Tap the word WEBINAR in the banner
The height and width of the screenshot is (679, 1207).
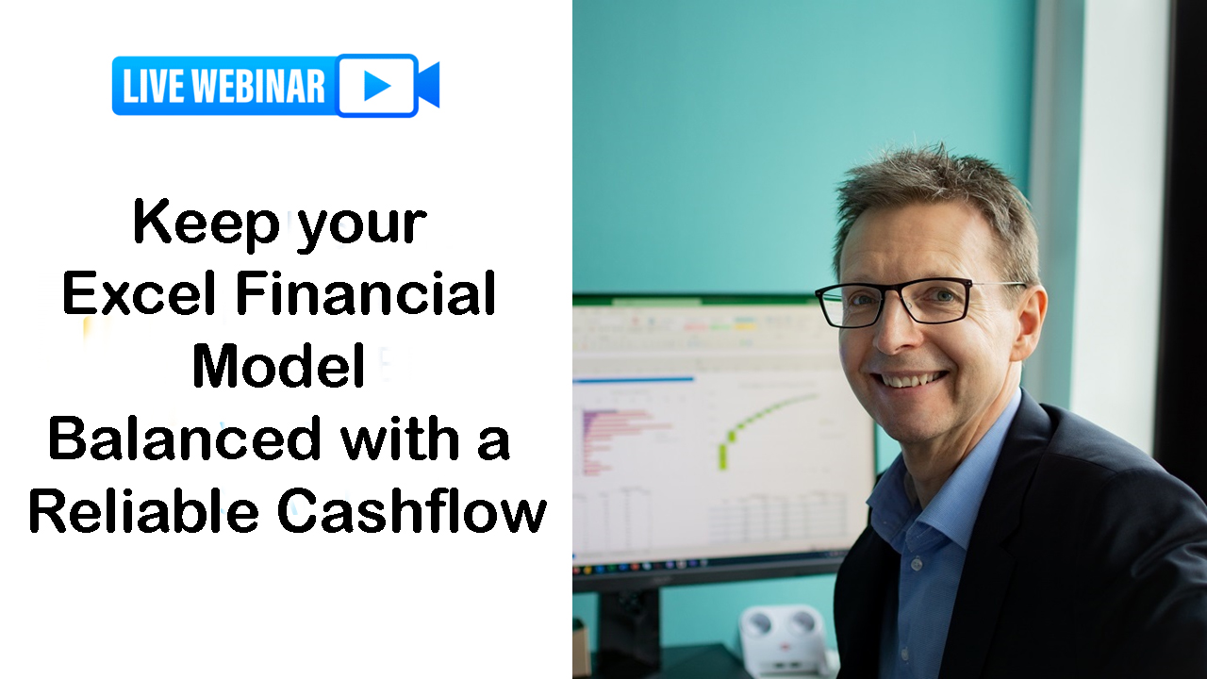(x=258, y=86)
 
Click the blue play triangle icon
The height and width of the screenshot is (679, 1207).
(x=377, y=85)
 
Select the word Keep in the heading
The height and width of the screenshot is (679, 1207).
(x=206, y=224)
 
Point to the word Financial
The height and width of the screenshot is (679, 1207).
(x=366, y=294)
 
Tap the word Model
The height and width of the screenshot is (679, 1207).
(x=279, y=366)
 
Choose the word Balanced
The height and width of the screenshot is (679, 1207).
(x=185, y=439)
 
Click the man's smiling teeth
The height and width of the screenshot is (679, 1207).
(x=911, y=380)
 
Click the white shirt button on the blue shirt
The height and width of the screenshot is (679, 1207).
(x=917, y=564)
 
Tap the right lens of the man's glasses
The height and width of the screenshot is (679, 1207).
(x=940, y=301)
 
